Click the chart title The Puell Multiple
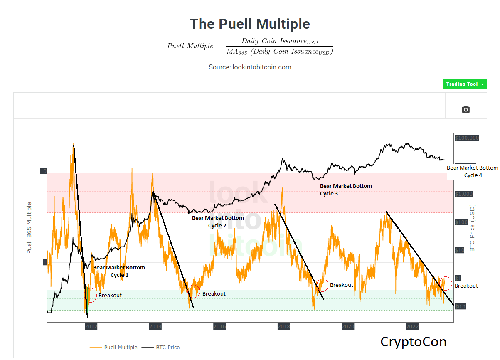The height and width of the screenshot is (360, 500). point(250,24)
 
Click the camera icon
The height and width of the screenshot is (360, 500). point(466,109)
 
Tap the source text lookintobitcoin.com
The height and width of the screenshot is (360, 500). point(250,67)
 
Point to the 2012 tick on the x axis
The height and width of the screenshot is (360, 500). point(91,326)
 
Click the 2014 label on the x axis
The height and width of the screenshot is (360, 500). point(155,326)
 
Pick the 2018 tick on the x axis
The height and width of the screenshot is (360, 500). point(284,326)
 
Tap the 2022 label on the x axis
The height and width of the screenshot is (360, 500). point(412,326)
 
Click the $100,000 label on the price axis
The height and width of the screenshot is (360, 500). point(467,138)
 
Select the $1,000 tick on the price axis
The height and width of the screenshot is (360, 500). point(464,194)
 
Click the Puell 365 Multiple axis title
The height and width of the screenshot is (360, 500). point(29,227)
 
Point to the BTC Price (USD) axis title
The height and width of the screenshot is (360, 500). point(472,228)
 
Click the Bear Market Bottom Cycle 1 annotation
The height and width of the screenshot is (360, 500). point(119,271)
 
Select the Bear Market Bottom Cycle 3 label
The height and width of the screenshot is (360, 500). point(346,190)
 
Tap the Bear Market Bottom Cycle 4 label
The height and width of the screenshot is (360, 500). point(472,171)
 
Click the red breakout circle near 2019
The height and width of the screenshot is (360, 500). point(322,285)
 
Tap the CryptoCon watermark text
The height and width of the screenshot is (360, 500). point(413,342)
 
